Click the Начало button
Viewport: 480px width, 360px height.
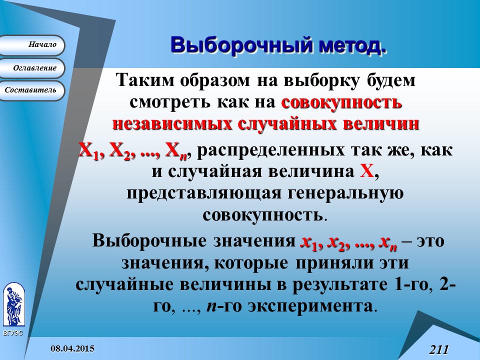[x=32, y=45]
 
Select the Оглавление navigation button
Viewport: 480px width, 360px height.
[x=32, y=67]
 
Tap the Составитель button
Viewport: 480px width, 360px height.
[x=32, y=90]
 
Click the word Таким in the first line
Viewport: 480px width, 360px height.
[x=143, y=80]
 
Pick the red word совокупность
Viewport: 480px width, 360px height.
[x=342, y=102]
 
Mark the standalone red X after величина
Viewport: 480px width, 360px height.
[x=366, y=171]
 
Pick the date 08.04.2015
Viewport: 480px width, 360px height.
[x=72, y=347]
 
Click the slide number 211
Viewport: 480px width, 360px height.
[x=438, y=349]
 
